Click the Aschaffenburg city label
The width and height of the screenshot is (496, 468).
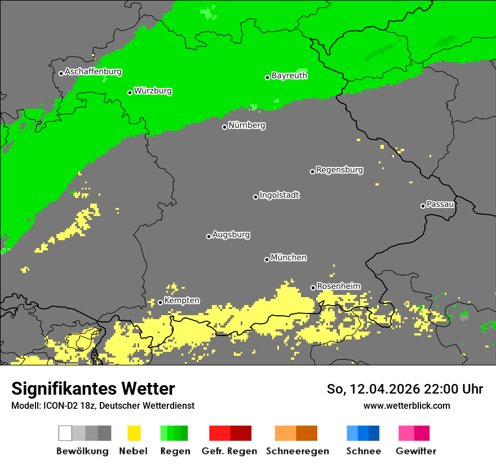(x=93, y=72)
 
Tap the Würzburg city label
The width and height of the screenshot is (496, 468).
(x=153, y=91)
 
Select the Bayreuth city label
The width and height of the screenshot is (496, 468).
(x=289, y=76)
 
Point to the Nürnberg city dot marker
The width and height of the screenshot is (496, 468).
(x=224, y=127)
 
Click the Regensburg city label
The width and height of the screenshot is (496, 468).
(x=339, y=170)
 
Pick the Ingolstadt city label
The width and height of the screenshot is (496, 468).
(x=279, y=195)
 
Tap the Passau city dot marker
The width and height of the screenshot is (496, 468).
(x=423, y=206)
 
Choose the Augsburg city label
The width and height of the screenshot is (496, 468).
(x=231, y=235)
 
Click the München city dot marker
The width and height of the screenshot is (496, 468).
(x=267, y=259)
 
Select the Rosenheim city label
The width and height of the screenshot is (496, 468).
(x=338, y=286)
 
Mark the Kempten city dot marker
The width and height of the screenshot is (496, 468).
(x=160, y=302)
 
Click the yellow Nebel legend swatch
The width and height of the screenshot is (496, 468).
(x=134, y=433)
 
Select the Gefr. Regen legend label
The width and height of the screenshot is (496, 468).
(x=230, y=451)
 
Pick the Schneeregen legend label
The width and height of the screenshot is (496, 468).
(x=296, y=451)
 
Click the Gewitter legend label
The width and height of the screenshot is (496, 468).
(x=416, y=451)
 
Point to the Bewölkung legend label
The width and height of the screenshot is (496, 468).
(x=82, y=451)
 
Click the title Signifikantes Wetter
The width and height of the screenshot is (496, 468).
(x=93, y=388)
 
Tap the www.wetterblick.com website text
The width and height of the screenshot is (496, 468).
(x=406, y=405)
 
